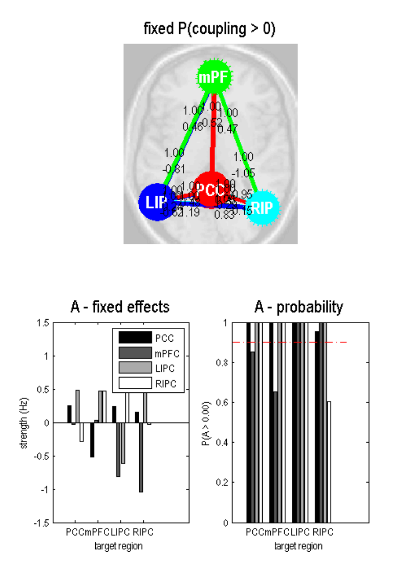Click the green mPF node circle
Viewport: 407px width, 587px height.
point(212,78)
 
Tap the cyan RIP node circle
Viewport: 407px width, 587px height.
point(263,207)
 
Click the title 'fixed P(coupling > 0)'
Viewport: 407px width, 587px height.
point(209,29)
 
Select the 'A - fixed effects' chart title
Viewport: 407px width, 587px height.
point(119,307)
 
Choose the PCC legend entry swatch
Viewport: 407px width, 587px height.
point(135,339)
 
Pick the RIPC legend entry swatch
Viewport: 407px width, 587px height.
point(135,383)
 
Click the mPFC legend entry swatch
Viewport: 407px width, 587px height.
point(135,353)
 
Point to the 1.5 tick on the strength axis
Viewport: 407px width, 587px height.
point(54,323)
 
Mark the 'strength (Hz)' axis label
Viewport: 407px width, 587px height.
point(24,423)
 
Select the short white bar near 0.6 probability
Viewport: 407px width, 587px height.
point(329,462)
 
